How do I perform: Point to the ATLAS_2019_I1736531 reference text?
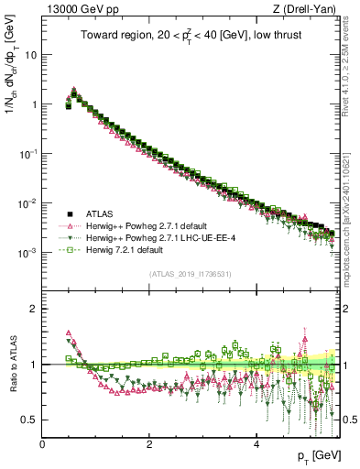coord(191,274)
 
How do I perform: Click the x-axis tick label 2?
coord(149,443)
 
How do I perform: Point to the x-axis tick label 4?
coord(256,443)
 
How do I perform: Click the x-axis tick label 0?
coord(42,443)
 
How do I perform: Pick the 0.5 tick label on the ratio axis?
coord(28,420)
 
